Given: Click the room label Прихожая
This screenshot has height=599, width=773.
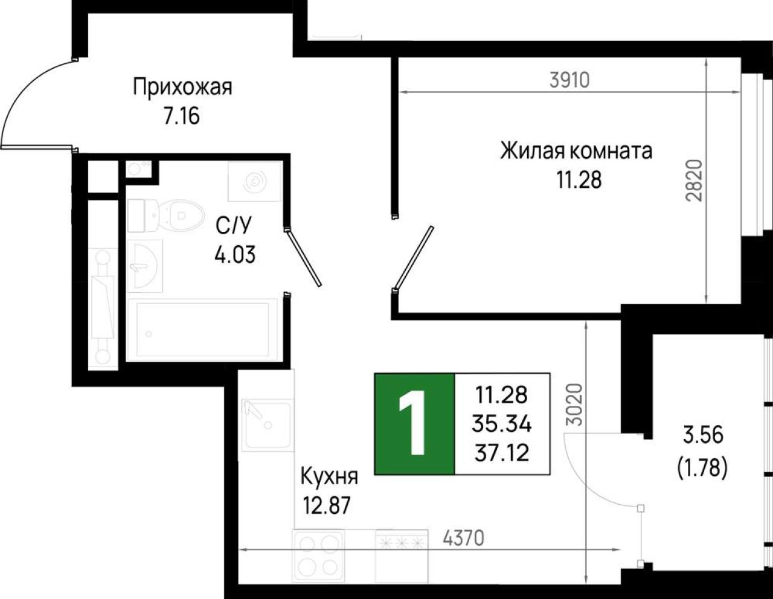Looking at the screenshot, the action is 182,88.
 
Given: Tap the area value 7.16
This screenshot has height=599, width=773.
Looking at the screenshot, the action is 181,116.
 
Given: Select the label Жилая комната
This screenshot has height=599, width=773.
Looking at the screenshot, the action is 576,151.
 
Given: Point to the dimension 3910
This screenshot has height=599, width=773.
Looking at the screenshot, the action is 569,80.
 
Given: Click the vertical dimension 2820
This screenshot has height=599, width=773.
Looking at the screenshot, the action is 694,181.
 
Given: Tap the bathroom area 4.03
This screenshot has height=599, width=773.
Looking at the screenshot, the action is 235,255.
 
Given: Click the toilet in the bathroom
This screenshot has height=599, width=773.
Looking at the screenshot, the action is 165,216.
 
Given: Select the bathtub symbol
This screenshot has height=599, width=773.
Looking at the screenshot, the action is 202,330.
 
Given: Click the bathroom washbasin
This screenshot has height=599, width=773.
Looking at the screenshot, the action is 145,266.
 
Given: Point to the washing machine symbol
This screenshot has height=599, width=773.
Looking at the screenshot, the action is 255,181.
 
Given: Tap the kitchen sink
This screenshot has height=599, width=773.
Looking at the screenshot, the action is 268,425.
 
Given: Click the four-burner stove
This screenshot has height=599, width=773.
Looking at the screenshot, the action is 319,557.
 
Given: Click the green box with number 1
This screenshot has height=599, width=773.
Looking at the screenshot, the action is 414,424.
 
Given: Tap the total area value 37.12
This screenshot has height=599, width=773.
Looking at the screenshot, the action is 502,453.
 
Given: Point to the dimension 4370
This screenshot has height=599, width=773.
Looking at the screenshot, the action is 464,538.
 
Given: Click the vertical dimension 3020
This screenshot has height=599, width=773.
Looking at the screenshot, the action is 574,404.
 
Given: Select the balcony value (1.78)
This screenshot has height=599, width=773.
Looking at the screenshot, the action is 702,468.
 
